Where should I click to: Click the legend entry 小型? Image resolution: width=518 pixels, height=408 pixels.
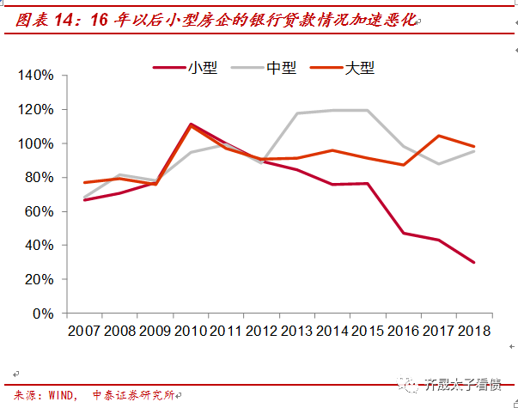203,67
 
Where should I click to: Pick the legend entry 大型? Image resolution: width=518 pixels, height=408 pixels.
360,67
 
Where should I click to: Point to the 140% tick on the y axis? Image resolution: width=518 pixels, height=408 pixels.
35,76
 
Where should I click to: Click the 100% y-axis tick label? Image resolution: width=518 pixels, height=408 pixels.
35,143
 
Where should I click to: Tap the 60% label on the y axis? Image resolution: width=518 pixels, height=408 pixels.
39,211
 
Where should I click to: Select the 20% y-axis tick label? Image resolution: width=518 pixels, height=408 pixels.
39,279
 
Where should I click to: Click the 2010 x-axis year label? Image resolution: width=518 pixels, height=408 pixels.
191,331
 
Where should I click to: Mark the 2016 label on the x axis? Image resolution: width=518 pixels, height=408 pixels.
401,331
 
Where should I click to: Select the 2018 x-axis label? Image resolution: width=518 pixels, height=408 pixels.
473,331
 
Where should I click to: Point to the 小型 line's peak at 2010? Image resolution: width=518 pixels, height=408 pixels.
191,124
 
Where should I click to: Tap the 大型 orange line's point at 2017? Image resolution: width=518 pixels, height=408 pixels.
438,136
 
